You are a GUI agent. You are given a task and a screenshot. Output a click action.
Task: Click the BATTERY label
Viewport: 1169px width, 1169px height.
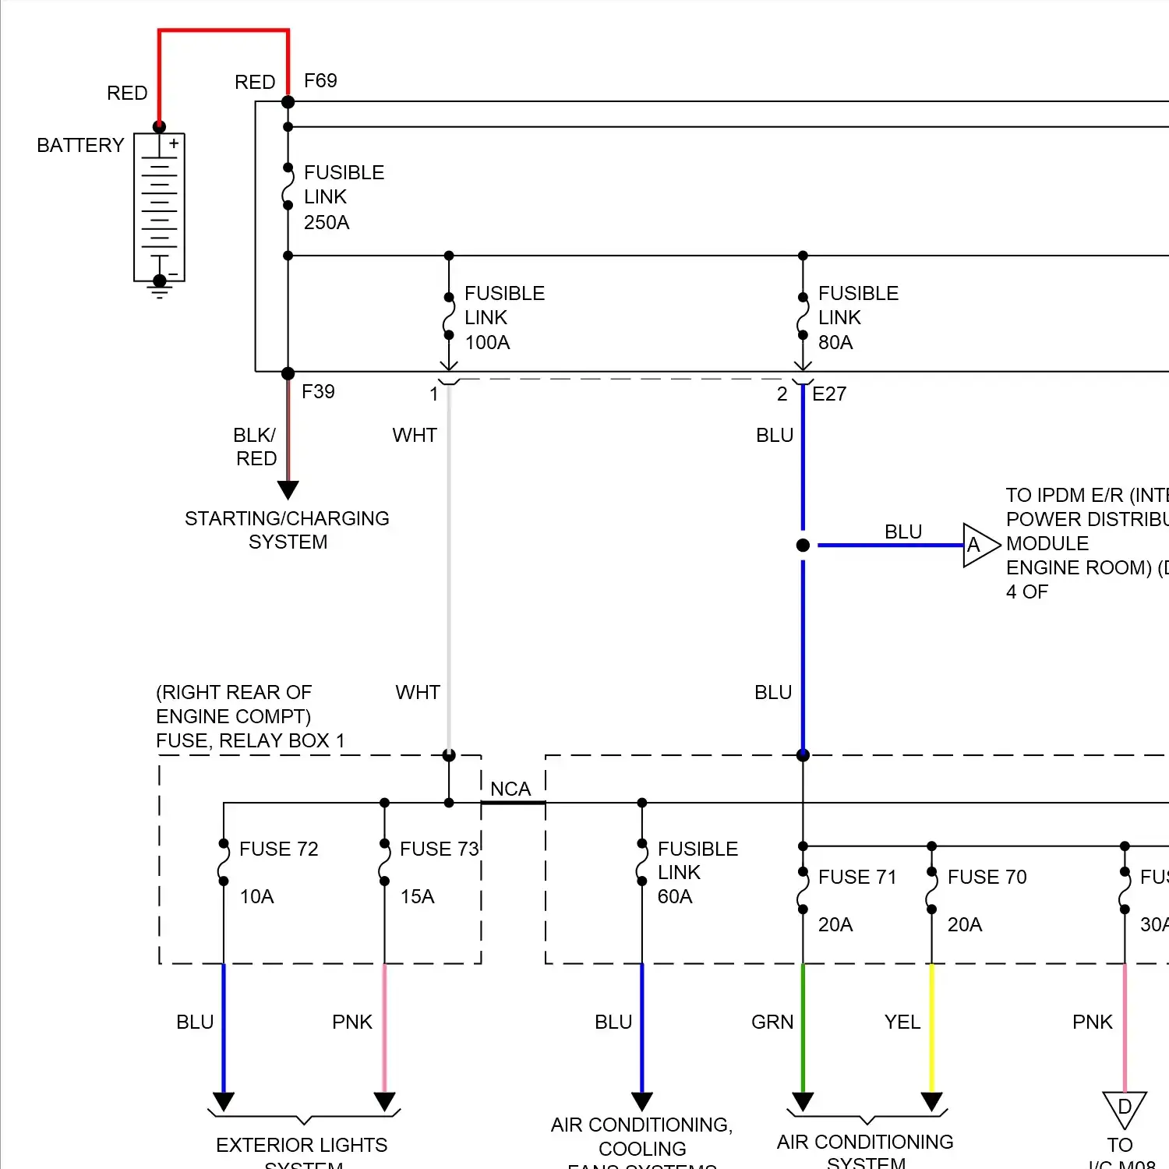pos(80,146)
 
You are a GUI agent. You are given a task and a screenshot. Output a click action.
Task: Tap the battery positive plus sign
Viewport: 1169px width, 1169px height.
pos(174,143)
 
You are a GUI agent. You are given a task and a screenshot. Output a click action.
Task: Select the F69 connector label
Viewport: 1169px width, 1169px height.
pos(320,81)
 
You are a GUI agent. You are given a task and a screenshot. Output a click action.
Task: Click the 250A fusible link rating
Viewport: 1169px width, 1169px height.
pos(327,223)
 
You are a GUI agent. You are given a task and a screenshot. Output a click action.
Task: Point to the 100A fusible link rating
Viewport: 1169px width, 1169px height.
pos(487,343)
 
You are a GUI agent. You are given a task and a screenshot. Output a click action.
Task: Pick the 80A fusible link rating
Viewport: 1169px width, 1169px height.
pos(835,343)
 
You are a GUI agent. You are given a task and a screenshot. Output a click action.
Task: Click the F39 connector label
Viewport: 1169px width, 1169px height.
pos(318,392)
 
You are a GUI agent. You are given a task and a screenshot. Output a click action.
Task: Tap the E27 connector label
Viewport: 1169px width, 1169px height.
pos(829,394)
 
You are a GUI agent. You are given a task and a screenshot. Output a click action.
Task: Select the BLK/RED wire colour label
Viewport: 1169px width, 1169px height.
pos(256,447)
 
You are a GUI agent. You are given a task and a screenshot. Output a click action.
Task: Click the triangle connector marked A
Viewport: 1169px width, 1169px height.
pos(978,546)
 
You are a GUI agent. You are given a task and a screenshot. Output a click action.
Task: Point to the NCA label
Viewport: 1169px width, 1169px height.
pos(510,789)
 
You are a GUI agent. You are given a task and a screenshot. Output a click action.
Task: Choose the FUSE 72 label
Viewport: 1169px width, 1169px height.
pos(279,849)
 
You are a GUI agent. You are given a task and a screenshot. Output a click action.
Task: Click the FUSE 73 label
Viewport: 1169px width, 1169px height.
pos(439,849)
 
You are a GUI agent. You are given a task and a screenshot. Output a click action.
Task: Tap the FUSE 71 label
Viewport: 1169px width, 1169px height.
pos(857,878)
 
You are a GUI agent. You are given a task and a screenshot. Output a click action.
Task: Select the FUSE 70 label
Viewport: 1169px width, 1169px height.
pos(987,878)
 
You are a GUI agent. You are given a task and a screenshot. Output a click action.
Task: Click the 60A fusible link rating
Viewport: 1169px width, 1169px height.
pos(675,897)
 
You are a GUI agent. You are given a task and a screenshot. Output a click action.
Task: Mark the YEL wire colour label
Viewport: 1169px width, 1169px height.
pos(902,1022)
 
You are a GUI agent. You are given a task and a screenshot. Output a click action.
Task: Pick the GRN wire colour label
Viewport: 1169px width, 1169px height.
pos(772,1022)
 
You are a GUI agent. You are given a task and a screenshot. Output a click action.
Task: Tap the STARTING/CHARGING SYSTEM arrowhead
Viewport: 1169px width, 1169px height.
pos(288,489)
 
